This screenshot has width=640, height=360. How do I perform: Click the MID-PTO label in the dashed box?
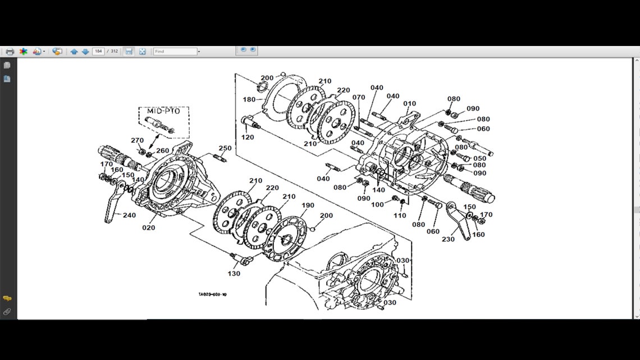[163, 112]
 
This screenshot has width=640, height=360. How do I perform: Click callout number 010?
[410, 104]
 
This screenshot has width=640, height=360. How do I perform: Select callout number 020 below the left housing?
[148, 227]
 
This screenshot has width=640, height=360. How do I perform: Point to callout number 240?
[129, 215]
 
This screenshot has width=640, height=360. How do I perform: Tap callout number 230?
[447, 239]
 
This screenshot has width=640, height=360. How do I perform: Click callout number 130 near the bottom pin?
[234, 274]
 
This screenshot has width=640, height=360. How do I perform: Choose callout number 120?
[247, 138]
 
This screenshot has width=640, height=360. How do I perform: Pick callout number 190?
[308, 206]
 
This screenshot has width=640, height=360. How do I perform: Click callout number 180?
[249, 99]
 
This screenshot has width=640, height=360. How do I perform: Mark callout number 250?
[225, 148]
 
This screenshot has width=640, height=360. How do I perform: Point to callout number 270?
[137, 140]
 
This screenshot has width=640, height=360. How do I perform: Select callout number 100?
[377, 204]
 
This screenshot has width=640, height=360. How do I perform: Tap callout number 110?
[399, 216]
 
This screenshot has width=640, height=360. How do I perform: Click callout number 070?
[359, 97]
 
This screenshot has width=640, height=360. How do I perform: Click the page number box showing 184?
[98, 51]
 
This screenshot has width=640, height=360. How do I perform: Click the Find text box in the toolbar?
[175, 51]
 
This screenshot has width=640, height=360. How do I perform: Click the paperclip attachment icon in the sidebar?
[7, 311]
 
